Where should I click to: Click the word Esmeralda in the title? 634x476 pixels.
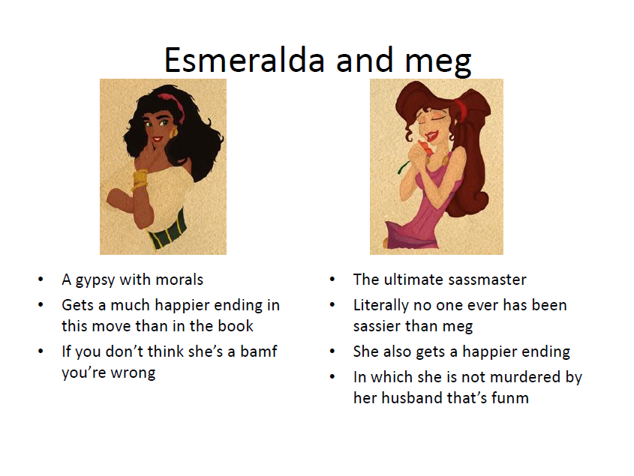(x=244, y=60)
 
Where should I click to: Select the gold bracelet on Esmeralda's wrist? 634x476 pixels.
(x=140, y=178)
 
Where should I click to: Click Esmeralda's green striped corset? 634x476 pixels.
(x=168, y=230)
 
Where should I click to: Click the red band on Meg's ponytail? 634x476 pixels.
(x=461, y=107)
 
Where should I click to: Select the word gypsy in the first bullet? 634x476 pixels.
(x=95, y=280)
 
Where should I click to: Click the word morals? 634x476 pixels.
(x=179, y=280)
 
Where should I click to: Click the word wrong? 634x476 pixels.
(x=133, y=373)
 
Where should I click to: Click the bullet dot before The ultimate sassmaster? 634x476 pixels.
(x=332, y=280)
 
